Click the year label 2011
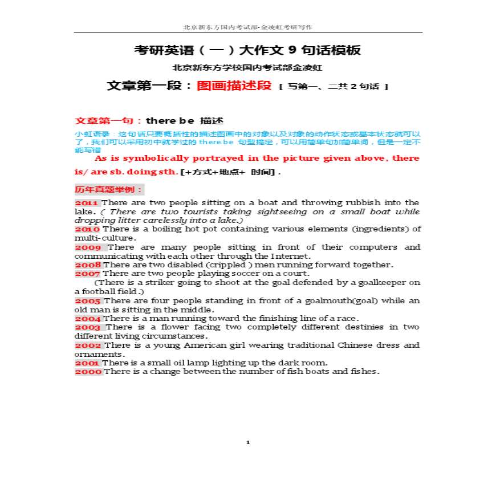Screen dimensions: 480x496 pos(87,203)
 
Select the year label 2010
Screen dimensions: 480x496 pos(87,229)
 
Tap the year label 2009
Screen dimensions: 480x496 pos(88,247)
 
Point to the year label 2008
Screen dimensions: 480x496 pos(88,265)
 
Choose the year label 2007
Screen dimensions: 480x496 pos(87,274)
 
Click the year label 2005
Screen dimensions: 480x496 pos(88,301)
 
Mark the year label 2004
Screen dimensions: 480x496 pos(88,319)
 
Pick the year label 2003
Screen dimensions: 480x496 pos(88,327)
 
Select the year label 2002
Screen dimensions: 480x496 pos(88,345)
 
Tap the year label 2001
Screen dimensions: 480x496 pos(87,363)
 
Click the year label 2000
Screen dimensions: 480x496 pos(88,372)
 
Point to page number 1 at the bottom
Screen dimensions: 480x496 pos(248,442)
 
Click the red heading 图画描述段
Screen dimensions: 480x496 pos(234,86)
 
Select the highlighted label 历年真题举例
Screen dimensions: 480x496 pos(109,189)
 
